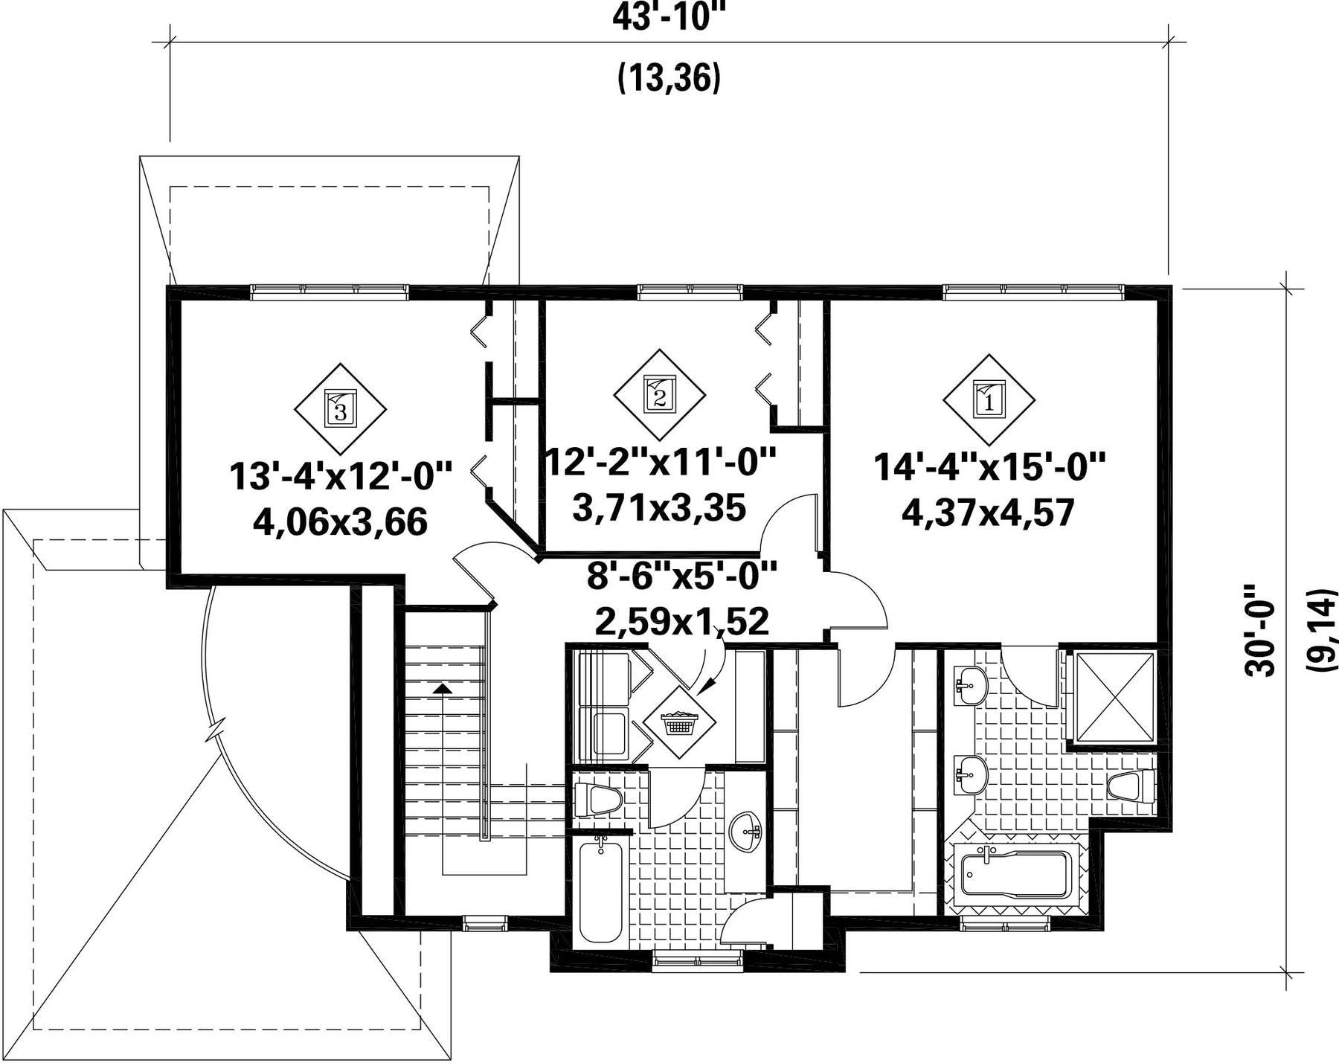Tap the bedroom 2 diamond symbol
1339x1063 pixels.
659,395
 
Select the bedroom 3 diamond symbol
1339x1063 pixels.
340,409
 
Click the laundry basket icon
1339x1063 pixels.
678,722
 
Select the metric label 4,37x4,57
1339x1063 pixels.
989,513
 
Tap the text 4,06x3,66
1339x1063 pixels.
340,521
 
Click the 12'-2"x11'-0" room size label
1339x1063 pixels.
660,463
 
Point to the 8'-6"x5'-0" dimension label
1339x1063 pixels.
681,575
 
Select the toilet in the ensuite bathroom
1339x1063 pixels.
1131,786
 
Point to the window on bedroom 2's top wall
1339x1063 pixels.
690,292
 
